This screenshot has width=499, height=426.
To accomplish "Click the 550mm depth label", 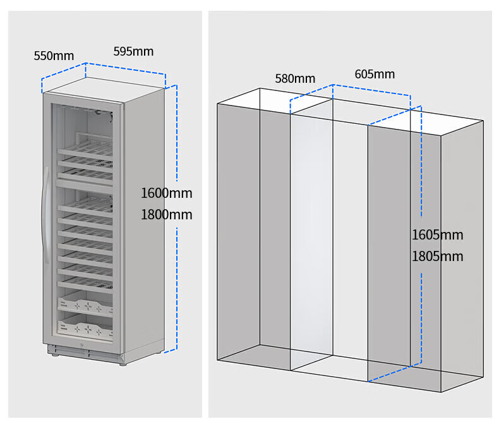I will tap(54, 56).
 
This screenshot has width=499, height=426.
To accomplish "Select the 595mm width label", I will tap(133, 51).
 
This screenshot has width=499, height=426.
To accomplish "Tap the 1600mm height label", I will tap(166, 193).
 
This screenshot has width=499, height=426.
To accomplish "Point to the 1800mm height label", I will tap(166, 214).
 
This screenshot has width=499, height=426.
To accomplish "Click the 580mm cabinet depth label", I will tap(295, 79).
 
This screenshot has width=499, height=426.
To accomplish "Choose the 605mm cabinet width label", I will tap(375, 74).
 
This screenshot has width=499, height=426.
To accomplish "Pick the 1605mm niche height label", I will tap(437, 235).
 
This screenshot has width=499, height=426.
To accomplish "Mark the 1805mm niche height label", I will tap(437, 257).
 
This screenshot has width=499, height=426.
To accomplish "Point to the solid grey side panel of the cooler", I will tap(144, 228).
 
